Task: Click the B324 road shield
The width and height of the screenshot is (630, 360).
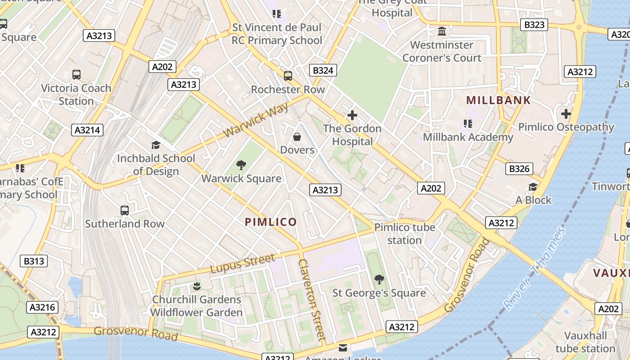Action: coord(323,70)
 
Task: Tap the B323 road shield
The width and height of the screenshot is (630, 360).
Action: coord(534,25)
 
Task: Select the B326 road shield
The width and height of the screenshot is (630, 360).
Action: coord(519,169)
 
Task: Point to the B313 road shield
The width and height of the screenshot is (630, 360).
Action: coord(34,261)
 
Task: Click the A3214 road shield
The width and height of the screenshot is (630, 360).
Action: coord(87,130)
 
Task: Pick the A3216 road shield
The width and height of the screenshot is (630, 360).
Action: coord(43,307)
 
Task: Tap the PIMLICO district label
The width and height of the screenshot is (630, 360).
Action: coord(270,222)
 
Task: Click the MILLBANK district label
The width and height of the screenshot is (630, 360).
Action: coord(498,100)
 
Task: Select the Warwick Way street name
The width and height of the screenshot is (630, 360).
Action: coord(256,120)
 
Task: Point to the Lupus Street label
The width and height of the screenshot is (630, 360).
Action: coord(243,263)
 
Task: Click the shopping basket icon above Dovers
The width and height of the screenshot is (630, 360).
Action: coord(297,136)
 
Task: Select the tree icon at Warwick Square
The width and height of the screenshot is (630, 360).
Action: coord(241,165)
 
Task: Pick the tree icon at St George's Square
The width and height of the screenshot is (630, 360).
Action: coord(379,279)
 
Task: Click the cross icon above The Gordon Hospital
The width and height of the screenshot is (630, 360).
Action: coord(352,115)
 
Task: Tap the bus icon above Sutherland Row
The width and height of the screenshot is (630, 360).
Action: coord(125,210)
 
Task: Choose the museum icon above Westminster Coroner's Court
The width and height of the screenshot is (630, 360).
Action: coord(442,32)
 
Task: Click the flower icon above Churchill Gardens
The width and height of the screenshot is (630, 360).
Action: coord(196,286)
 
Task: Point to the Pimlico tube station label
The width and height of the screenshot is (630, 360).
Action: coord(405,234)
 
